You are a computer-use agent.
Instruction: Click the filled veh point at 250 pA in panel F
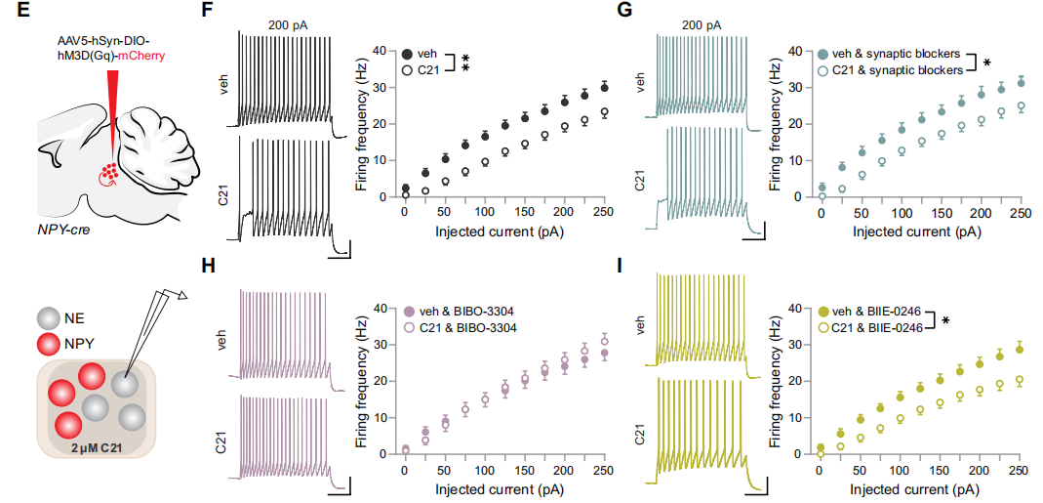(x=605, y=87)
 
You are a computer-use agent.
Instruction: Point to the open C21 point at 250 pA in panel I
(x=1021, y=380)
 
